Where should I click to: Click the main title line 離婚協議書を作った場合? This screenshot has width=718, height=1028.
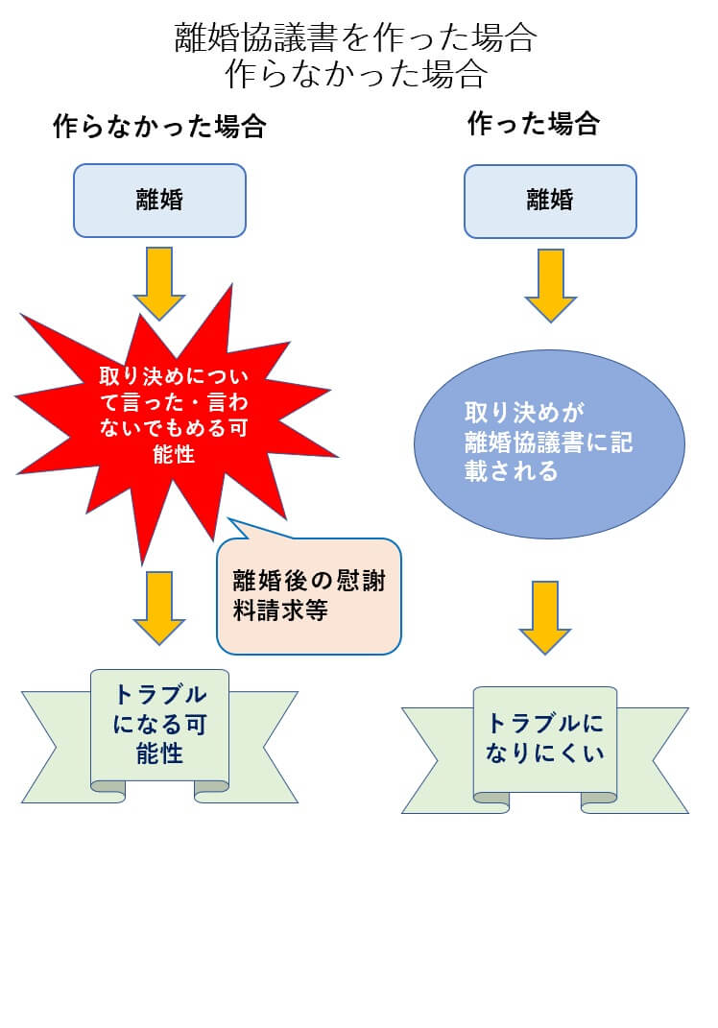pyautogui.click(x=355, y=39)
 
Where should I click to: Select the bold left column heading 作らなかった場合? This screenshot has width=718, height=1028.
pyautogui.click(x=159, y=128)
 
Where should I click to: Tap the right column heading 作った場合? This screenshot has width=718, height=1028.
pyautogui.click(x=534, y=124)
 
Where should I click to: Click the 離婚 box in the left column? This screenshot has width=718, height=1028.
pyautogui.click(x=159, y=201)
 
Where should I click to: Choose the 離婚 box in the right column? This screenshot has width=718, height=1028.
pyautogui.click(x=550, y=201)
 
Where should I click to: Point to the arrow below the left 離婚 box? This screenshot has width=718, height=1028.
pyautogui.click(x=159, y=282)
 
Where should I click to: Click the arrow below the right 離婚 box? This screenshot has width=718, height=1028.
pyautogui.click(x=550, y=284)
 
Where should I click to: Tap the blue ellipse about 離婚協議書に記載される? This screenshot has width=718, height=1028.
pyautogui.click(x=549, y=443)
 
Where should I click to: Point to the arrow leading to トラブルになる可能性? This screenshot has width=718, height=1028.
pyautogui.click(x=159, y=608)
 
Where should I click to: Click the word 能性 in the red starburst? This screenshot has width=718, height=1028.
pyautogui.click(x=174, y=454)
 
